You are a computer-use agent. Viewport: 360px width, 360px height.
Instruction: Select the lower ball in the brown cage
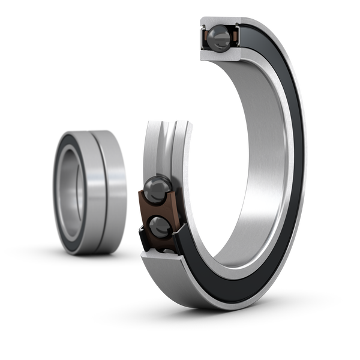click(159, 226)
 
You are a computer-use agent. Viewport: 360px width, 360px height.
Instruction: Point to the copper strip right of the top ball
click(232, 37)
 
